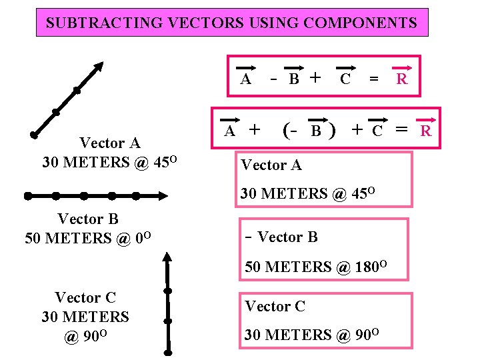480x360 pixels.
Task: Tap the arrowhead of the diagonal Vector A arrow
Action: tap(99, 67)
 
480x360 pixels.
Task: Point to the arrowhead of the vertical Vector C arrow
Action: tap(168, 258)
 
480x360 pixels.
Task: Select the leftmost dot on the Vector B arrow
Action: tap(28, 196)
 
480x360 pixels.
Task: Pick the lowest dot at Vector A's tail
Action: tap(33, 135)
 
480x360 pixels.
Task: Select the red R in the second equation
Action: tap(425, 131)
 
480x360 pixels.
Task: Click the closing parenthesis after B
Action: tap(332, 129)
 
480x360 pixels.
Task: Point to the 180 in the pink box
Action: tap(369, 268)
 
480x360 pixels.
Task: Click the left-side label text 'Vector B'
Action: tap(88, 219)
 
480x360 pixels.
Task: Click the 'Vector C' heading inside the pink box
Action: tap(275, 307)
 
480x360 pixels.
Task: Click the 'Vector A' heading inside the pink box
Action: tap(271, 165)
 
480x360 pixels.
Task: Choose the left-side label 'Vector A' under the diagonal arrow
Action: tap(110, 143)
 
